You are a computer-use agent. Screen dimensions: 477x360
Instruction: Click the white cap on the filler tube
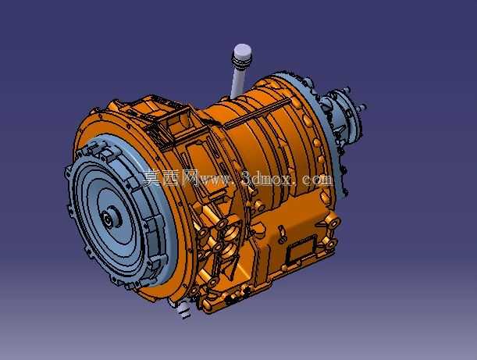click(243, 54)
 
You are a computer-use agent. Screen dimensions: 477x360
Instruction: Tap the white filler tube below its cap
click(238, 81)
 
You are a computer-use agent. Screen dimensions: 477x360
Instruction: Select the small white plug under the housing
click(183, 310)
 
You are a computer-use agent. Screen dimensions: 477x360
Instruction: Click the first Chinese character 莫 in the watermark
click(151, 177)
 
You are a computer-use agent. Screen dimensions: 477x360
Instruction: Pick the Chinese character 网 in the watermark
click(190, 177)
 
